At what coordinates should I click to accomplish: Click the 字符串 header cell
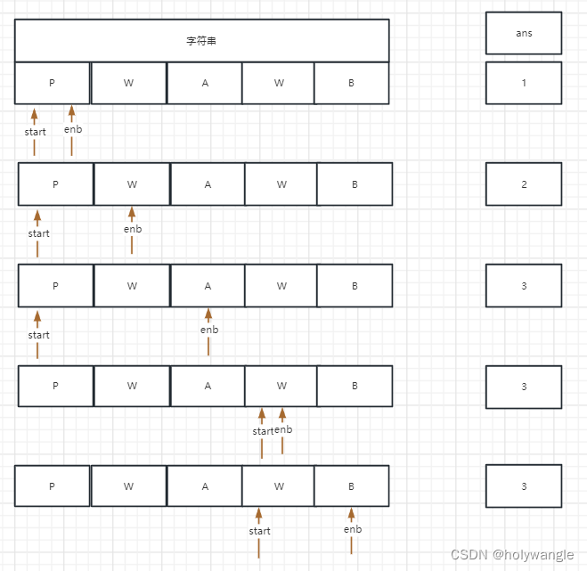click(x=202, y=41)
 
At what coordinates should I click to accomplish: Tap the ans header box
click(x=524, y=33)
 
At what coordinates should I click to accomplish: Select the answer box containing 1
click(x=524, y=83)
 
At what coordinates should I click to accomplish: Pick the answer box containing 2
click(x=524, y=184)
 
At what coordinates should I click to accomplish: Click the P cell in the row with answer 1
click(x=52, y=83)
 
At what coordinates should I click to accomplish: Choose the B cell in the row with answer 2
click(x=355, y=184)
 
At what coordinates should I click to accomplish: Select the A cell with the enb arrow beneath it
click(x=208, y=286)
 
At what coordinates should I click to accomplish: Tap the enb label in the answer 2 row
click(x=132, y=229)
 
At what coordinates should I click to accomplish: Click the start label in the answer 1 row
click(x=36, y=132)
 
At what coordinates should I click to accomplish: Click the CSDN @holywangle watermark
click(x=512, y=555)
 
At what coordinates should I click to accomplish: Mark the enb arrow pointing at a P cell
click(x=71, y=129)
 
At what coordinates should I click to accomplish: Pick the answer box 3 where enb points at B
click(x=524, y=486)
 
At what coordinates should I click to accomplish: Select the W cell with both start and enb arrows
click(x=281, y=386)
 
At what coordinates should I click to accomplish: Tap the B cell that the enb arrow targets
click(x=351, y=486)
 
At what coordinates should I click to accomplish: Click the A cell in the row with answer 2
click(x=208, y=184)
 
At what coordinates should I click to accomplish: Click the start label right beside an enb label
click(x=263, y=431)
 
